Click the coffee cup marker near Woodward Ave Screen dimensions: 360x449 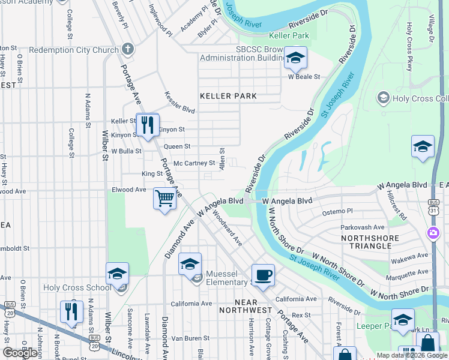click(x=263, y=275)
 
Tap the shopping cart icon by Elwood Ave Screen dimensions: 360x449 click(x=164, y=198)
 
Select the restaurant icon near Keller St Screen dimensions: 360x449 click(x=146, y=125)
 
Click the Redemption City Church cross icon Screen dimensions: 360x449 click(x=127, y=50)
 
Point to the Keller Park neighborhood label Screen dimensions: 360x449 click(x=228, y=96)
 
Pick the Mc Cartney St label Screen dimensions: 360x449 click(x=194, y=163)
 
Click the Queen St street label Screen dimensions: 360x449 click(x=177, y=146)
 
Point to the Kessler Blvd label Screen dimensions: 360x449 click(x=180, y=102)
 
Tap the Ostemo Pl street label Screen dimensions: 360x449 click(x=338, y=212)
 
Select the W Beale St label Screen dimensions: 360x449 click(x=304, y=77)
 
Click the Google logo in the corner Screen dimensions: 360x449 click(x=20, y=353)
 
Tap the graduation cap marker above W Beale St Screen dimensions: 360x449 click(x=295, y=58)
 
